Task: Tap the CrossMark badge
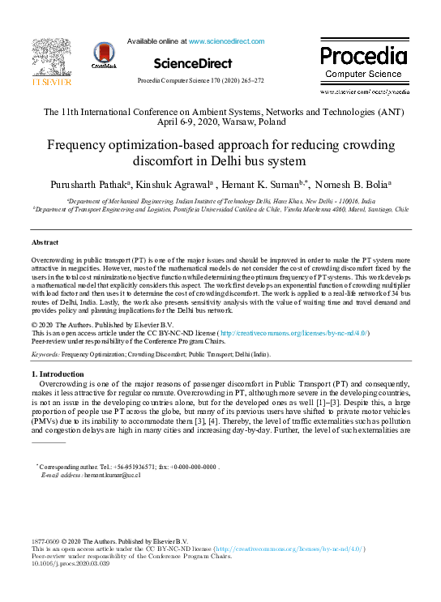click(104, 56)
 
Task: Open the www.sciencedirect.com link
click(221, 41)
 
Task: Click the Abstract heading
click(45, 242)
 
